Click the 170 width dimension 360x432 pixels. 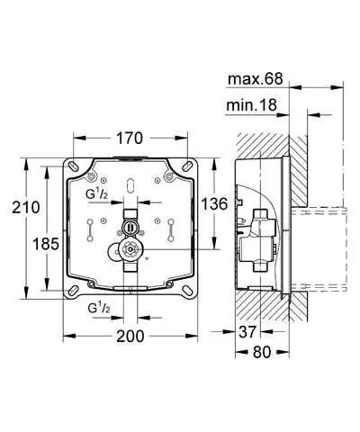(x=130, y=139)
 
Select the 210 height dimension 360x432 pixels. (x=26, y=207)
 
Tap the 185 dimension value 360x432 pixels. (x=46, y=244)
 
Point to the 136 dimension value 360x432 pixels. (x=214, y=204)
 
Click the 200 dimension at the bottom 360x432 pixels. (x=130, y=336)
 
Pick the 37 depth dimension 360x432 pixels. (x=247, y=332)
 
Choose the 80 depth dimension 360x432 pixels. (x=262, y=352)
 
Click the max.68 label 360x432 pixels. (x=256, y=79)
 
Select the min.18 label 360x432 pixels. (x=251, y=105)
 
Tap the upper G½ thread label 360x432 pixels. (x=96, y=194)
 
